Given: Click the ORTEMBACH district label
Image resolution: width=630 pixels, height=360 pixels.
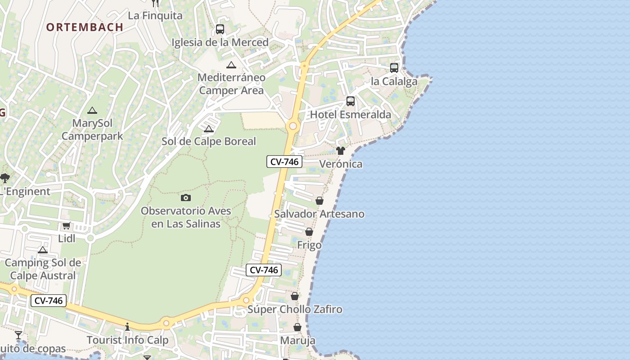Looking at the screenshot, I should (x=85, y=27).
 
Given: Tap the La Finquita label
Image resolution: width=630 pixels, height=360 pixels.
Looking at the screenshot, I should (x=155, y=16).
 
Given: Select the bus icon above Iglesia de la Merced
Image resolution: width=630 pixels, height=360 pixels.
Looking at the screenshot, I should (x=220, y=29).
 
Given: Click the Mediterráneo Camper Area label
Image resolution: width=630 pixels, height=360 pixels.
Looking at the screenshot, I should (x=231, y=84).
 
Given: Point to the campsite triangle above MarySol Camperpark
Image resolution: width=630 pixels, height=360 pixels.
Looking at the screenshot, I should (x=92, y=110).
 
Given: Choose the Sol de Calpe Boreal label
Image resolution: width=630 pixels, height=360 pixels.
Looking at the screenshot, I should (x=209, y=141).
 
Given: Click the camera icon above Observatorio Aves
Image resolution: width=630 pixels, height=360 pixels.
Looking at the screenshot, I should (x=186, y=198).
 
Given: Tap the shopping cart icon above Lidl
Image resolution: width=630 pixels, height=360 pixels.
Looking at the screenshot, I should (x=67, y=225).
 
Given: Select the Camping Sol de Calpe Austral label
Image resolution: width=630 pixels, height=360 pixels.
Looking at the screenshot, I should (x=43, y=269).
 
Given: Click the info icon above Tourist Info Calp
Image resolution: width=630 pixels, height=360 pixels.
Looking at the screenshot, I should (x=127, y=327).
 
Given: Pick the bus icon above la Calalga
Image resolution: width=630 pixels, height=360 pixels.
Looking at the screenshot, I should (x=394, y=68).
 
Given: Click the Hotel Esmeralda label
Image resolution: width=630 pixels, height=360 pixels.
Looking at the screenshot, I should (x=351, y=115).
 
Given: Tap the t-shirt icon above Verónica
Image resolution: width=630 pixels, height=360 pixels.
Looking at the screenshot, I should (x=341, y=151).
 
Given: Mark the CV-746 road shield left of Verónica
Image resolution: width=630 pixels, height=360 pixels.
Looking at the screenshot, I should (x=284, y=162).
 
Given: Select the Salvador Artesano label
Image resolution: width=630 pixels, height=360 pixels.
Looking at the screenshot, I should (x=319, y=214).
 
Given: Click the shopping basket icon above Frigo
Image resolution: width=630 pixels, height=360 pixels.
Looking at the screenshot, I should (x=309, y=232).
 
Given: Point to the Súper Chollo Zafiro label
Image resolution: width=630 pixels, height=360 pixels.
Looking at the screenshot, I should (x=295, y=310).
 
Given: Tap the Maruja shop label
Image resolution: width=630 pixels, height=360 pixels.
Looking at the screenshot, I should (x=297, y=341).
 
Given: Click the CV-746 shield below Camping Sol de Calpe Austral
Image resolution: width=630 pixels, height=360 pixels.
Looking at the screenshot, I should (x=49, y=301).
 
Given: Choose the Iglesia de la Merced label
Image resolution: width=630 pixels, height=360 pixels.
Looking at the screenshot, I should (x=220, y=42).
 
